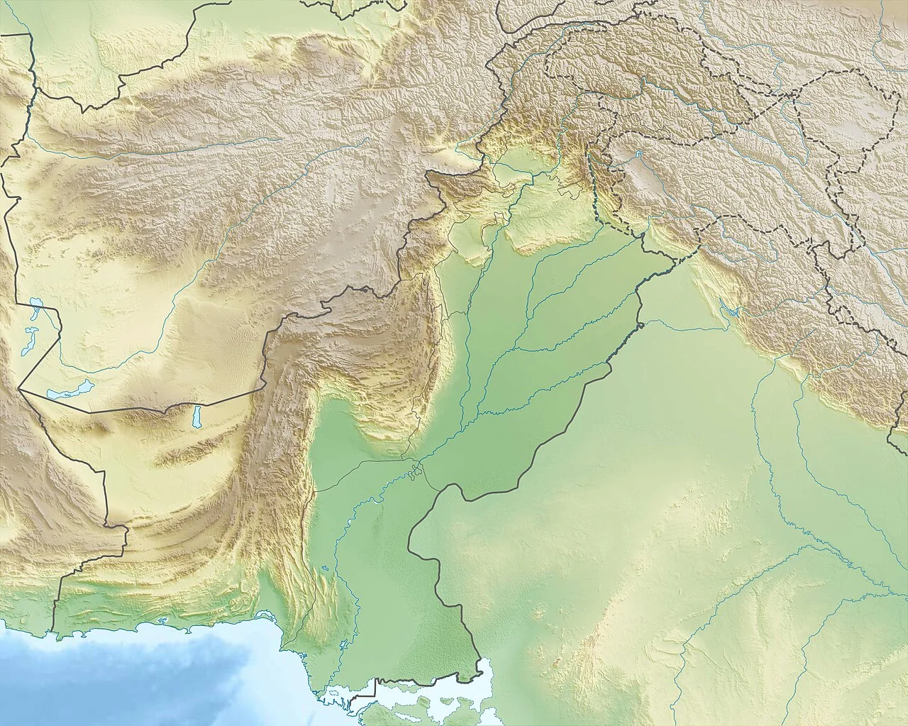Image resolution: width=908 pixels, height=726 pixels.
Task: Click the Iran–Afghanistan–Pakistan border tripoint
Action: (x=19, y=389)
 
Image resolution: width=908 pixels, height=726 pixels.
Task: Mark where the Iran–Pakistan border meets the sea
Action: (x=53, y=631)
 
